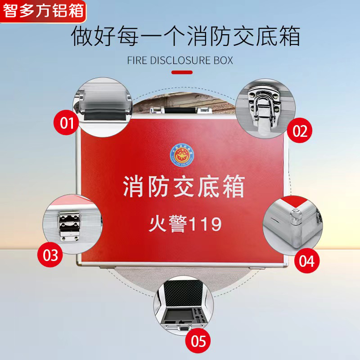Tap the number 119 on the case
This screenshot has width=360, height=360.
tap(204, 224)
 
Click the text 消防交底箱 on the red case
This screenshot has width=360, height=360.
tap(184, 187)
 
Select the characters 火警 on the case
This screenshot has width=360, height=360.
tap(165, 224)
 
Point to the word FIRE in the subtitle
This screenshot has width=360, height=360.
tap(137, 60)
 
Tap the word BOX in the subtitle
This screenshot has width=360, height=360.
tap(224, 60)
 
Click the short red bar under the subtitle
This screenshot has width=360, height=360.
tap(182, 72)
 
